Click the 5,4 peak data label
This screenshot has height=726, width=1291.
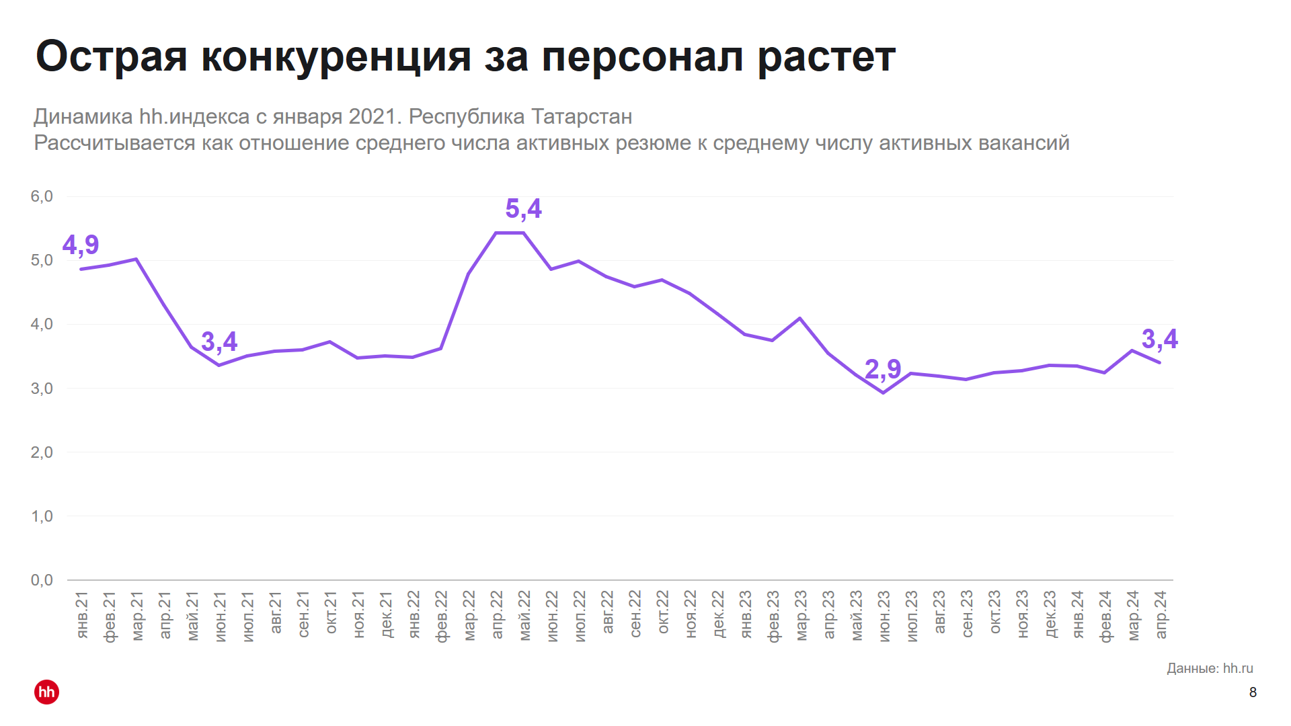pos(523,209)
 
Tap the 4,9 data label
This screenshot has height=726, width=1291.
pos(81,245)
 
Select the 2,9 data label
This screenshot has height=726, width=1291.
pos(882,369)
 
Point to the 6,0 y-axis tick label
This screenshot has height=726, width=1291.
pos(42,196)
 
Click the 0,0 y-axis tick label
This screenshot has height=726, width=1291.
pos(42,580)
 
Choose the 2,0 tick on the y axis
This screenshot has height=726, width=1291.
pos(42,452)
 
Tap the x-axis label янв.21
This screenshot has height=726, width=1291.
pos(82,615)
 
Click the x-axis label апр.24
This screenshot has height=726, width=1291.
pos(1161,615)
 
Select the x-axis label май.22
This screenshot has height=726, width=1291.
pos(524,615)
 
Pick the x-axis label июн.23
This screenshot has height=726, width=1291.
pos(884,615)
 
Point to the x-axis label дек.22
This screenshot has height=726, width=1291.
pos(718,615)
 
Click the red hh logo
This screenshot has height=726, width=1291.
pos(46,692)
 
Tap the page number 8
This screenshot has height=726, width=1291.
pos(1253,692)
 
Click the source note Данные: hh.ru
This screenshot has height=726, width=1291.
pos(1210,668)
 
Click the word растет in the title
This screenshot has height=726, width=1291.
pos(826,56)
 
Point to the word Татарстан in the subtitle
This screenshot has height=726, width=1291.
pos(582,117)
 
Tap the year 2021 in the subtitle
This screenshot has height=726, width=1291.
pos(371,117)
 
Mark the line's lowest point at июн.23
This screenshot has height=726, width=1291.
pos(883,393)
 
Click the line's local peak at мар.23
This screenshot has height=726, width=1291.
pos(799,318)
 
